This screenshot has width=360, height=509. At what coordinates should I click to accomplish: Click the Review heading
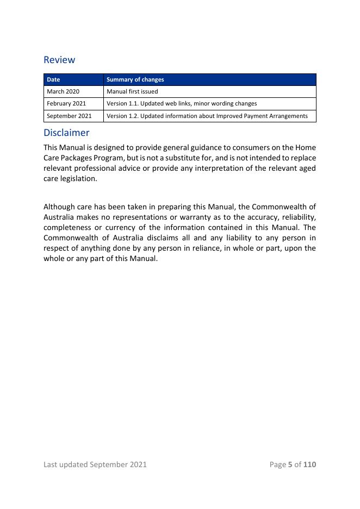click(x=59, y=60)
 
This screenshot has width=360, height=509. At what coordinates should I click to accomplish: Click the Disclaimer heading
click(x=66, y=133)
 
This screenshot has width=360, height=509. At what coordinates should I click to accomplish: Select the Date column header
click(x=53, y=79)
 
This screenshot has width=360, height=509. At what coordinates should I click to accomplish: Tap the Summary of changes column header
click(x=135, y=79)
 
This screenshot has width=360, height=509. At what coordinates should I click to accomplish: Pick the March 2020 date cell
click(x=63, y=91)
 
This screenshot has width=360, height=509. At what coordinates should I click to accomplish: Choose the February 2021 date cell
click(x=66, y=103)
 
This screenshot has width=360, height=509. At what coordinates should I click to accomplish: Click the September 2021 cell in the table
click(x=69, y=116)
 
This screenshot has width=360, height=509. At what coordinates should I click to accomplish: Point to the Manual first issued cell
click(x=132, y=91)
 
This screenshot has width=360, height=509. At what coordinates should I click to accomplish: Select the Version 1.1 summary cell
click(x=182, y=103)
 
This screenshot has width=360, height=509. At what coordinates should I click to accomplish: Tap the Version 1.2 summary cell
click(x=207, y=116)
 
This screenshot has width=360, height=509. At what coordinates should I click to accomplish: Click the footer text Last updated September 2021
click(x=95, y=464)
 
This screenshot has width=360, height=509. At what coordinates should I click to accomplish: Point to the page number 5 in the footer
click(x=290, y=464)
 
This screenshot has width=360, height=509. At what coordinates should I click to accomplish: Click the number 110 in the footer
click(x=309, y=464)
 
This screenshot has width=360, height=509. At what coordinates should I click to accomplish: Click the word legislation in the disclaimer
click(x=77, y=178)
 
